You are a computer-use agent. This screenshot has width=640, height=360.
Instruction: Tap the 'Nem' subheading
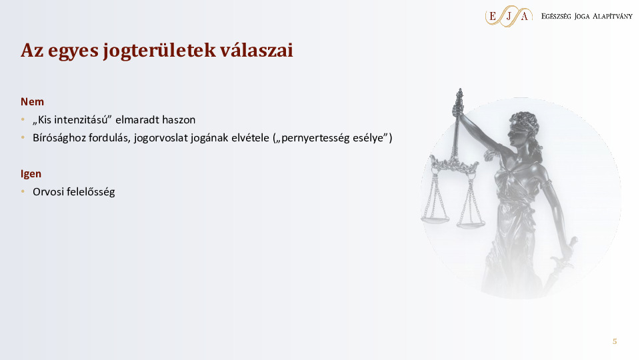(32, 102)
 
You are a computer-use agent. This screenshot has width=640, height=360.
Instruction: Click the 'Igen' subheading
(31, 174)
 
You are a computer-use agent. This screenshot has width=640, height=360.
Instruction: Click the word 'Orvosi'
(48, 192)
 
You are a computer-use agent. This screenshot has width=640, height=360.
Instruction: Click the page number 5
(615, 341)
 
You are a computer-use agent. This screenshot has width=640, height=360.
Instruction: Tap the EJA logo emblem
(509, 16)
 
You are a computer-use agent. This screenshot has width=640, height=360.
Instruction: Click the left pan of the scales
(435, 217)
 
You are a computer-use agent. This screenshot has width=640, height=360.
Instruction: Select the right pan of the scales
(471, 224)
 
